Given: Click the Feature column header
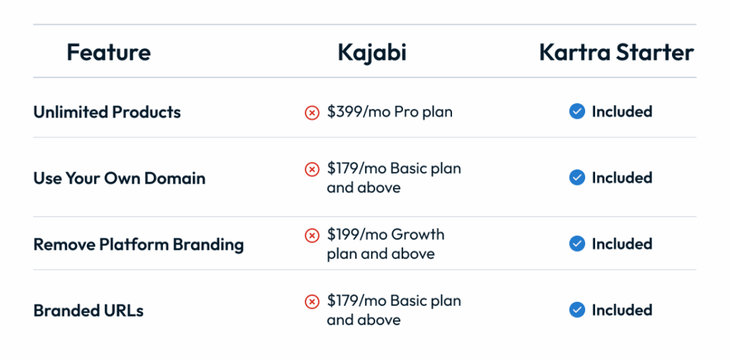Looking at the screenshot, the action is pyautogui.click(x=109, y=53).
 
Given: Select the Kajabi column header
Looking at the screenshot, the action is pyautogui.click(x=372, y=53).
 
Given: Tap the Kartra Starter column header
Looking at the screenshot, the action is pyautogui.click(x=617, y=53).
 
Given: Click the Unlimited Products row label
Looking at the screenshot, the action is pyautogui.click(x=107, y=112).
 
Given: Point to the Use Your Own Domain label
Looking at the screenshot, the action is pyautogui.click(x=120, y=178).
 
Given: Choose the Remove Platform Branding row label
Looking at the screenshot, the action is pyautogui.click(x=139, y=244).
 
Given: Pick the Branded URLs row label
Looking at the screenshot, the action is pyautogui.click(x=88, y=310).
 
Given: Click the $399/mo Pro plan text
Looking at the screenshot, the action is pyautogui.click(x=389, y=112).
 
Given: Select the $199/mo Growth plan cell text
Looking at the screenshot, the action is pyautogui.click(x=385, y=244).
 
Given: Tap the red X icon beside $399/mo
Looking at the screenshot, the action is pyautogui.click(x=312, y=112).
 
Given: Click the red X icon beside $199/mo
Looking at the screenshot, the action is pyautogui.click(x=312, y=235).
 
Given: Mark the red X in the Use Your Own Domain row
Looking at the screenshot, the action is pyautogui.click(x=312, y=169).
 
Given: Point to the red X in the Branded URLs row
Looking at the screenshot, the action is pyautogui.click(x=312, y=302).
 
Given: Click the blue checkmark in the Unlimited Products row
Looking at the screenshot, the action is pyautogui.click(x=577, y=112).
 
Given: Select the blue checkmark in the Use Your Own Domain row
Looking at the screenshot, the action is pyautogui.click(x=577, y=177).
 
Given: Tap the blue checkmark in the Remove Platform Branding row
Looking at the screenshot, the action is pyautogui.click(x=577, y=244).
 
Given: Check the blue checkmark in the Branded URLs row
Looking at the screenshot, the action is pyautogui.click(x=577, y=309).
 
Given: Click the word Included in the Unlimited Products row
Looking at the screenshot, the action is pyautogui.click(x=622, y=112).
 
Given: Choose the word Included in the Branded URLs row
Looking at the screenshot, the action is pyautogui.click(x=622, y=309).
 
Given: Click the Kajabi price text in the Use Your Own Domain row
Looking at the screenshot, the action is pyautogui.click(x=394, y=178).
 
